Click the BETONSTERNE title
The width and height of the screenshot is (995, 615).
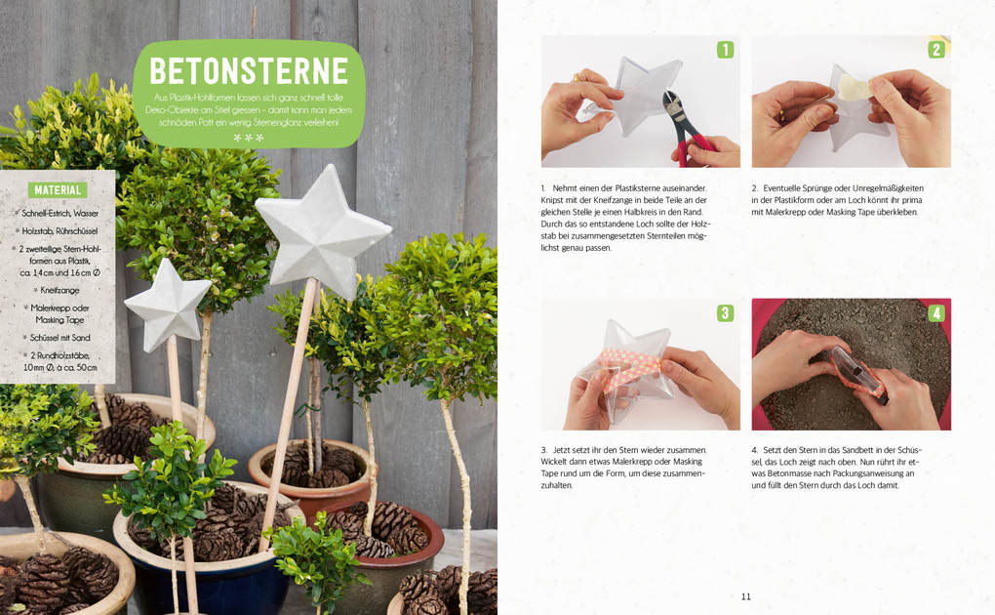click(x=249, y=70)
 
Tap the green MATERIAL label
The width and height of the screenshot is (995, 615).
click(x=58, y=190)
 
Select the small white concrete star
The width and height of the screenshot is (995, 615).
click(x=167, y=305)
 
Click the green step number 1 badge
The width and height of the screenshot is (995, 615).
click(x=726, y=50)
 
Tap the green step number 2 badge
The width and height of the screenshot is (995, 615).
click(x=936, y=50)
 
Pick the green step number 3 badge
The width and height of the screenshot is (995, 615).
click(x=726, y=312)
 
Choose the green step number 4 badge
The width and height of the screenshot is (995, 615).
click(x=936, y=312)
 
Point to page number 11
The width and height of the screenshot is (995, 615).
click(x=746, y=595)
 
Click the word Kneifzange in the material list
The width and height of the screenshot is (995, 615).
click(x=60, y=290)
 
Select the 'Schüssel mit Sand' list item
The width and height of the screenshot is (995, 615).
click(x=60, y=338)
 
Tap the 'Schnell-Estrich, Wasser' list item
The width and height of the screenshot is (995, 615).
click(x=60, y=214)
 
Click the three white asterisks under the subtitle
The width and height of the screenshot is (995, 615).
click(x=248, y=138)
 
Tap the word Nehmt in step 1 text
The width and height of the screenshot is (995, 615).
click(x=564, y=188)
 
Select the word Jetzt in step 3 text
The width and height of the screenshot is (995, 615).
click(x=562, y=450)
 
